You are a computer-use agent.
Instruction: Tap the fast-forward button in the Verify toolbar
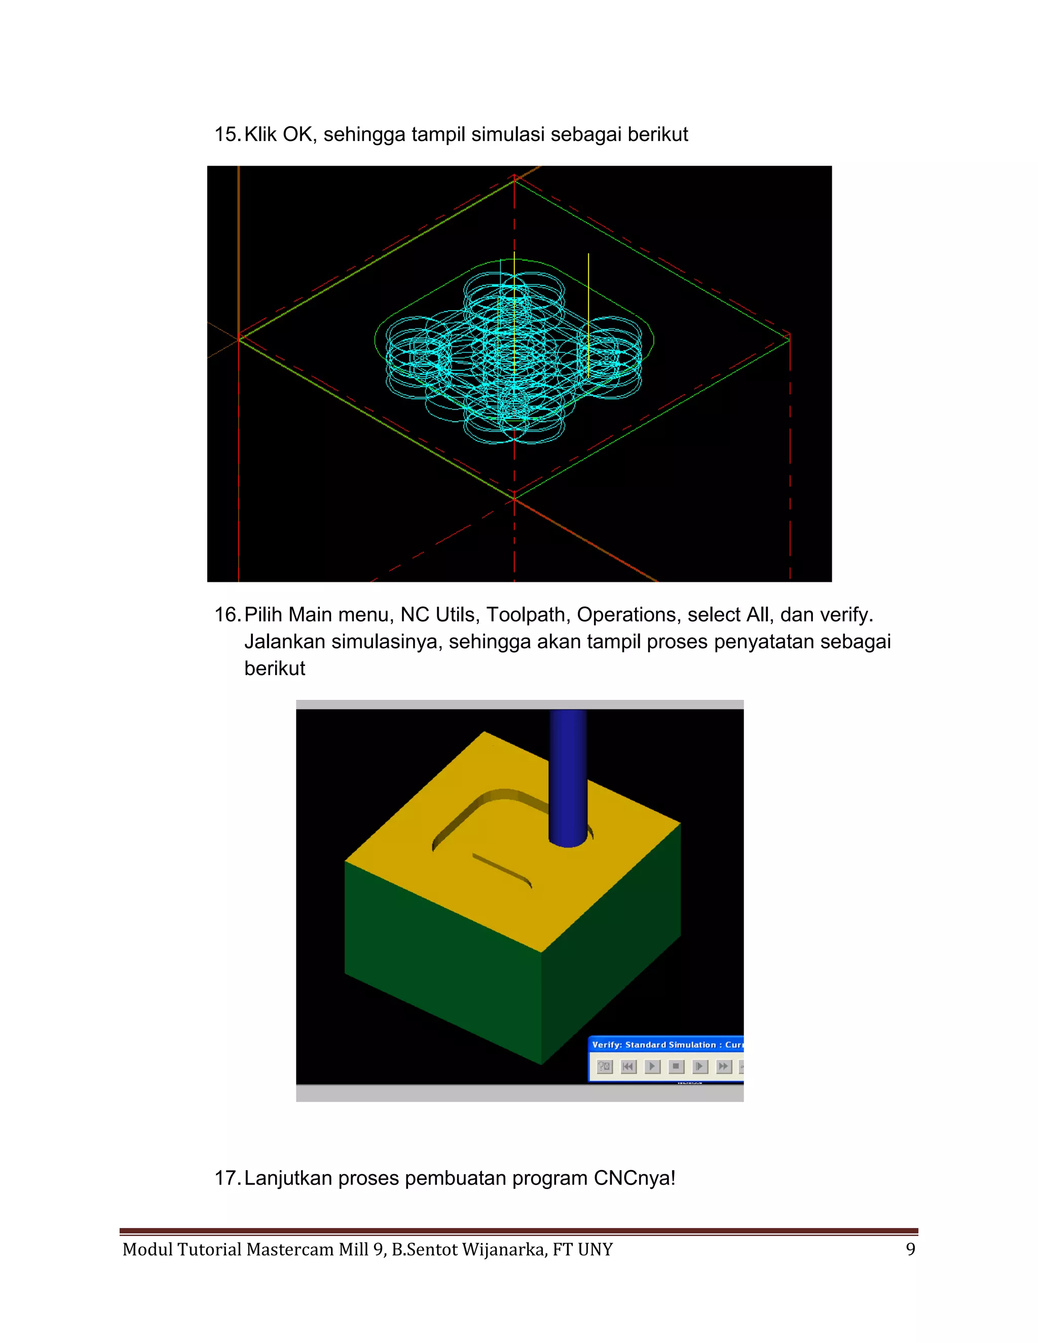point(724,1066)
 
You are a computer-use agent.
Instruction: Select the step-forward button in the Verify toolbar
point(700,1066)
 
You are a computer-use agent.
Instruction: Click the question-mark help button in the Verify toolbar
point(605,1066)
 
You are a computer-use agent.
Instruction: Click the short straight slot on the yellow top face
point(501,870)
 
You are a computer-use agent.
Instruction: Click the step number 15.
point(226,134)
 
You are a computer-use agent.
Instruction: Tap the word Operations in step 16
point(626,614)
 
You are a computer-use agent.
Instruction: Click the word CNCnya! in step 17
point(634,1178)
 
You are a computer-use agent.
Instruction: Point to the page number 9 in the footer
point(910,1250)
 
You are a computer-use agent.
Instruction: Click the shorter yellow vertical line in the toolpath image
point(588,315)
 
